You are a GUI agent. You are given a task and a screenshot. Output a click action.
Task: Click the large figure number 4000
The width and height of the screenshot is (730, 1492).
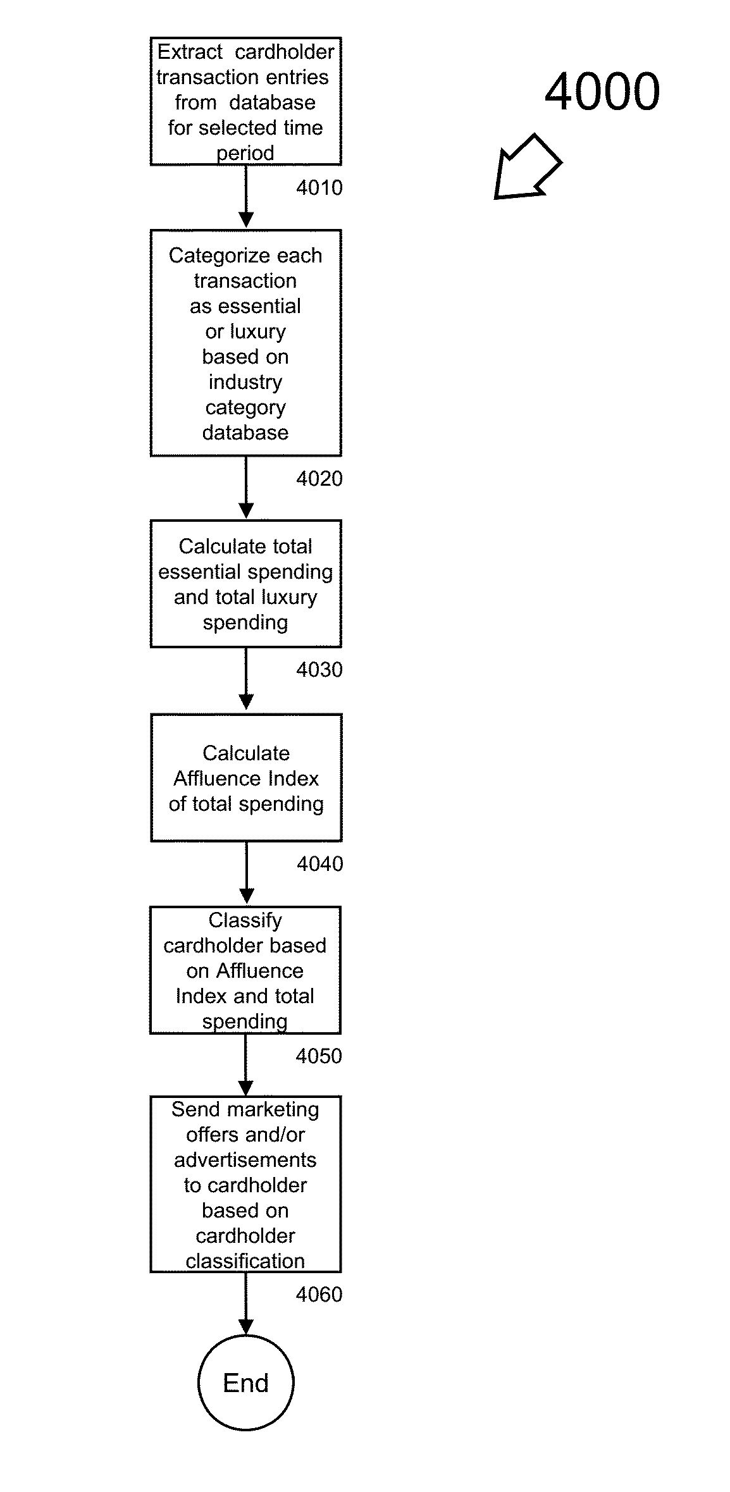tap(602, 92)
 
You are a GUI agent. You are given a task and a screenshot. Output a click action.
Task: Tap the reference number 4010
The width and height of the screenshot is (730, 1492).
tap(319, 187)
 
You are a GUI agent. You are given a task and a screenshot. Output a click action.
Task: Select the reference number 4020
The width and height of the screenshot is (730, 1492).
tap(319, 479)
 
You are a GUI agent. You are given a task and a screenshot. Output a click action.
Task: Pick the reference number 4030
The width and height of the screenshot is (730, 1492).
tap(319, 670)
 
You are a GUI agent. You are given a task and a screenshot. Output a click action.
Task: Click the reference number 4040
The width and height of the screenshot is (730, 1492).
tap(320, 864)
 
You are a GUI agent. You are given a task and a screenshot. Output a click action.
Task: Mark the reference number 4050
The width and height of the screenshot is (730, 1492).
tap(319, 1056)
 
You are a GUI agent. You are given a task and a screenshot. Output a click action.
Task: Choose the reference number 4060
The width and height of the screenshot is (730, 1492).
tap(319, 1295)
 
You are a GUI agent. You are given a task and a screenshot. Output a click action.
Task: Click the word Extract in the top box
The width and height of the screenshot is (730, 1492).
tap(190, 52)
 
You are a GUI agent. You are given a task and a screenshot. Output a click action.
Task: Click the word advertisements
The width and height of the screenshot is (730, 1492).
tap(245, 1160)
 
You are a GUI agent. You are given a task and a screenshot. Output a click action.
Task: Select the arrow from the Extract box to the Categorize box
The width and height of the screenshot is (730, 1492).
tap(246, 197)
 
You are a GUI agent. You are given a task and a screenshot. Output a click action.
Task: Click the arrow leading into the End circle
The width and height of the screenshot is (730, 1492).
tap(245, 1304)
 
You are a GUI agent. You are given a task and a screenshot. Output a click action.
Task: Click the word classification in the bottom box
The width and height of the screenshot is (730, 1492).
tap(245, 1261)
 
